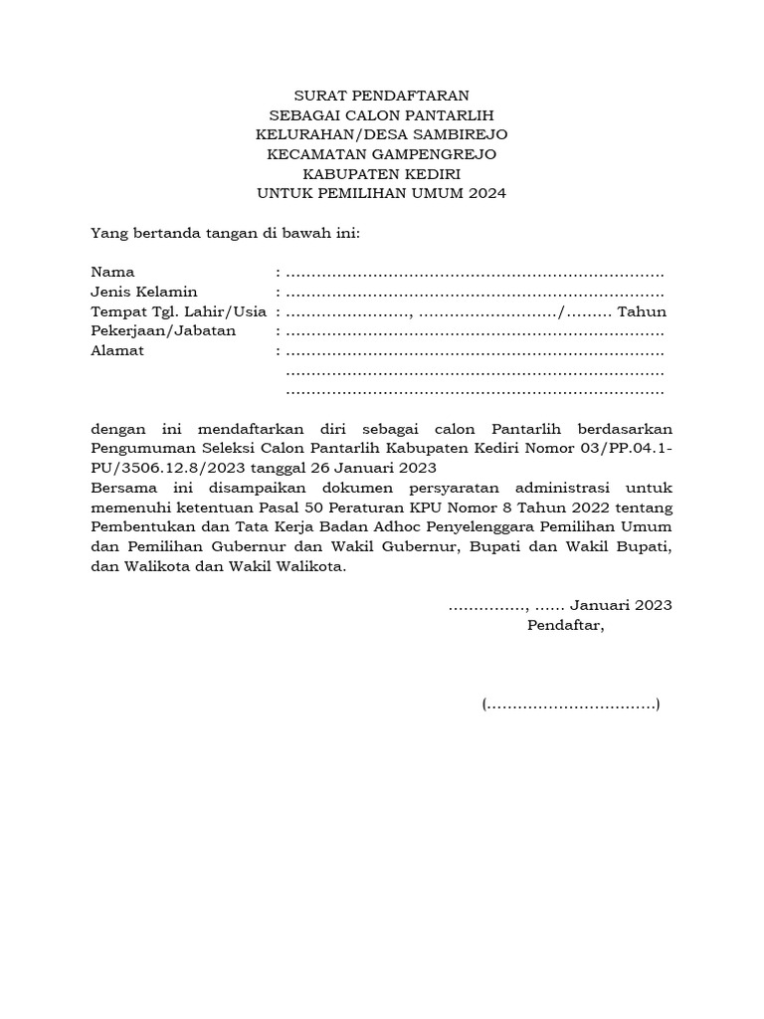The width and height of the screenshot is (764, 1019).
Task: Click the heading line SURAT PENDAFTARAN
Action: pyautogui.click(x=381, y=96)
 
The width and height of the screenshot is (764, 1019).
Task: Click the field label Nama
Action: pyautogui.click(x=112, y=272)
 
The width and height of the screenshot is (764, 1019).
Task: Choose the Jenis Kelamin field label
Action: pyautogui.click(x=144, y=292)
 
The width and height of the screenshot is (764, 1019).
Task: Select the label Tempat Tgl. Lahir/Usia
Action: pyautogui.click(x=178, y=311)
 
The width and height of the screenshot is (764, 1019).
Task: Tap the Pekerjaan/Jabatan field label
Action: pyautogui.click(x=163, y=330)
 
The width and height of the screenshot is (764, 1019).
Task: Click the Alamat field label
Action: pyautogui.click(x=117, y=350)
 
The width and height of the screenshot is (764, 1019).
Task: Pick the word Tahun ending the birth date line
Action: pyautogui.click(x=642, y=311)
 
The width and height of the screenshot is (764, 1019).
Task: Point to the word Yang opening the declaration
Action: pyautogui.click(x=107, y=233)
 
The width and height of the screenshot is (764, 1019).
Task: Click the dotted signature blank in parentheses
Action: pyautogui.click(x=571, y=705)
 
